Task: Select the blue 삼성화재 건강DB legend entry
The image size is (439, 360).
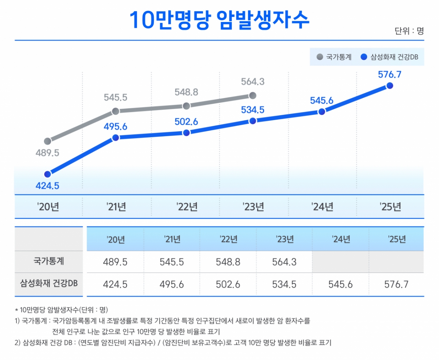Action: click(x=389, y=57)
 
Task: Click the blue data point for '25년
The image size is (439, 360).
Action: click(x=390, y=86)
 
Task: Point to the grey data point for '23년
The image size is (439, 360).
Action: click(x=252, y=95)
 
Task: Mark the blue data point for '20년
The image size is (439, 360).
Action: click(x=47, y=173)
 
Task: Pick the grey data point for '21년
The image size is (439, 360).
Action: click(x=115, y=111)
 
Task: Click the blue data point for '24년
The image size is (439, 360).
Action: click(x=322, y=112)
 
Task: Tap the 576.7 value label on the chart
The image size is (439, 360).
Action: click(x=390, y=74)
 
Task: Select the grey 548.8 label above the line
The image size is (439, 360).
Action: click(x=187, y=93)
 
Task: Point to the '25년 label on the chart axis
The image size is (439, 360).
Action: click(x=390, y=207)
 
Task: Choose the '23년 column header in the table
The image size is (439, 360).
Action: click(x=285, y=240)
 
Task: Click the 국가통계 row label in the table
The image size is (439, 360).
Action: click(x=49, y=262)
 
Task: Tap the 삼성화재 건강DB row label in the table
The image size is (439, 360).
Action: click(x=49, y=284)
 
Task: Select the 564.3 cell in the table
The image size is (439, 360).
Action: click(x=285, y=262)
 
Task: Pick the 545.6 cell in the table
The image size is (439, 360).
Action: click(x=341, y=284)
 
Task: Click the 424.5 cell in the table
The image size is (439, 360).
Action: click(x=116, y=284)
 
